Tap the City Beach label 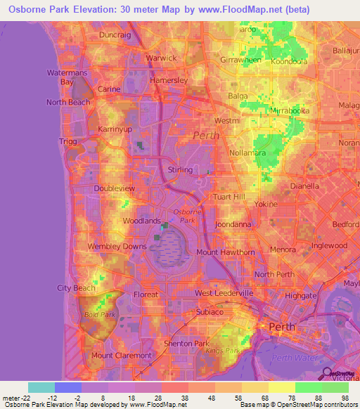75,288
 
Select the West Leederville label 223,293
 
